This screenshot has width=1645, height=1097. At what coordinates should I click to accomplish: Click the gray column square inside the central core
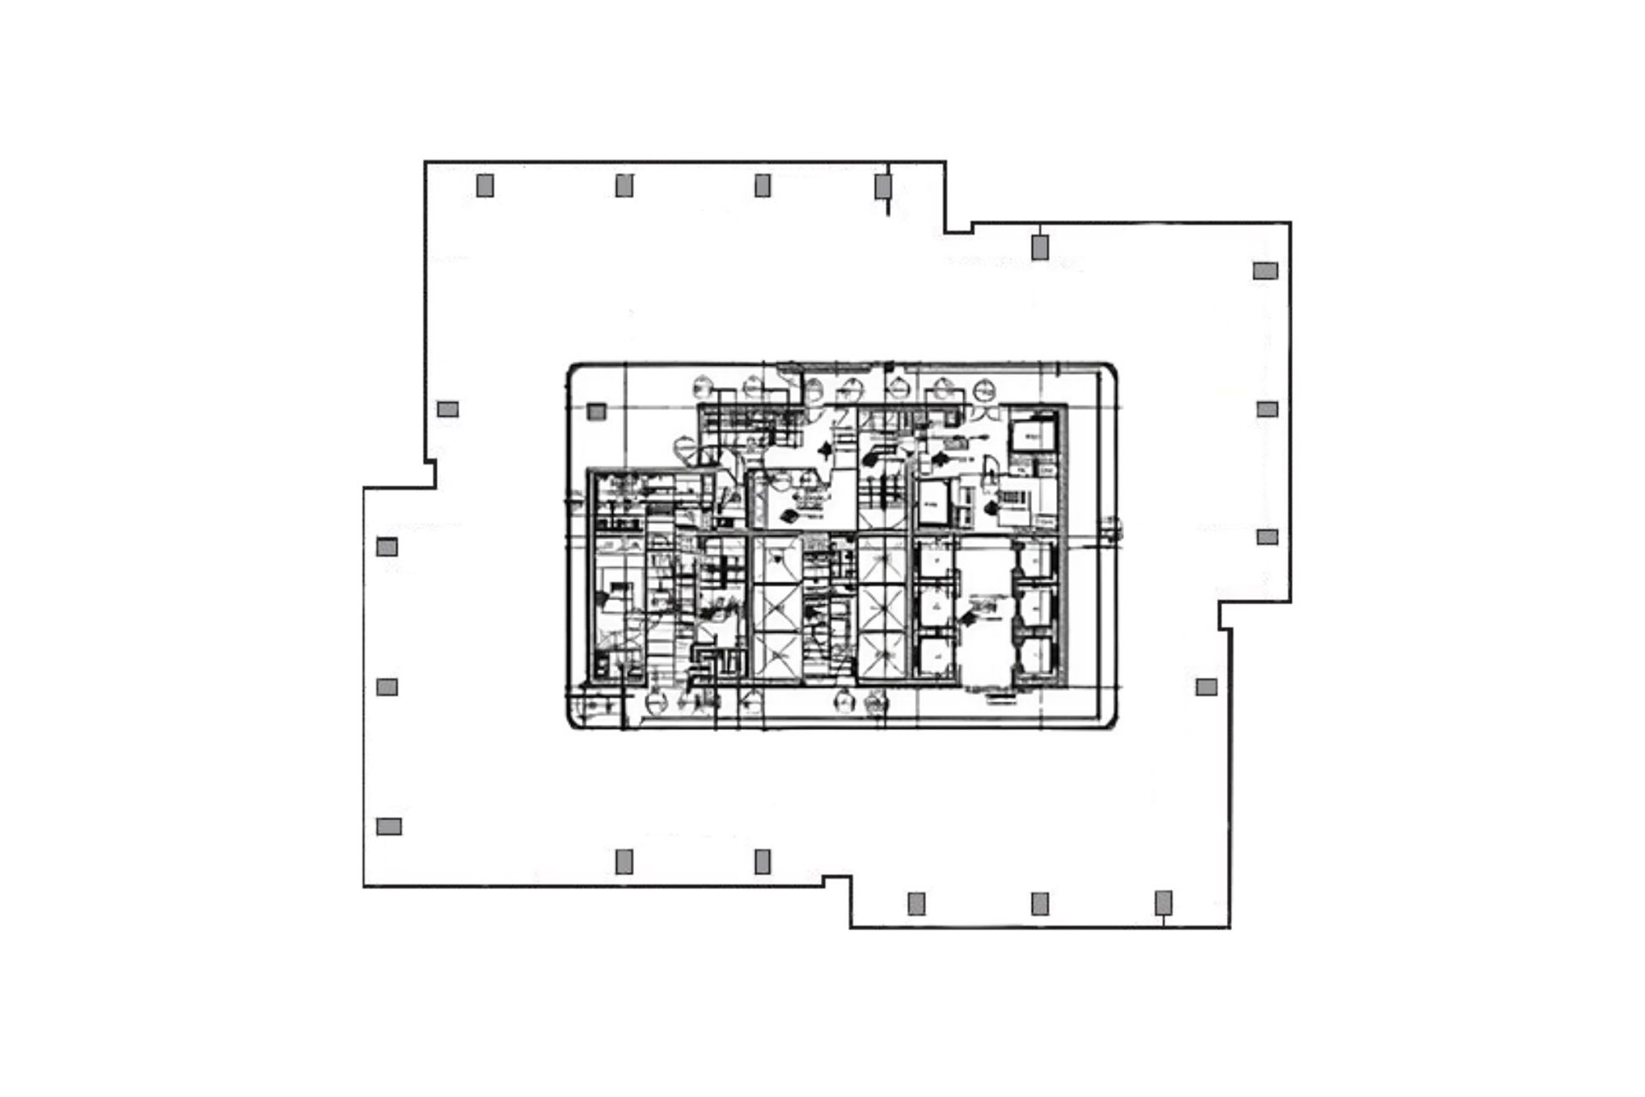[x=596, y=411]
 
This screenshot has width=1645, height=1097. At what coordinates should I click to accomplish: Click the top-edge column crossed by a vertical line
[x=883, y=185]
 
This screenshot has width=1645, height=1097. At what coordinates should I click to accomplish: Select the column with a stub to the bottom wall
[x=1163, y=902]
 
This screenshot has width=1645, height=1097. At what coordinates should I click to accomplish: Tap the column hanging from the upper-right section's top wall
[x=1039, y=247]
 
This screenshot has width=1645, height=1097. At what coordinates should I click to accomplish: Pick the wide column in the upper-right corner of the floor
[x=1265, y=271]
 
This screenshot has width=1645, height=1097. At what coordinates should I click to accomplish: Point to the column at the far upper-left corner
[x=485, y=185]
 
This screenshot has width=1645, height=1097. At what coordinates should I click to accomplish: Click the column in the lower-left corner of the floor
[x=389, y=826]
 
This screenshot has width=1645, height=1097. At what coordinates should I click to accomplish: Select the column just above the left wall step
[x=447, y=409]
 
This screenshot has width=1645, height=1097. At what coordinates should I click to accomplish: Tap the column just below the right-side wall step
[x=1205, y=686]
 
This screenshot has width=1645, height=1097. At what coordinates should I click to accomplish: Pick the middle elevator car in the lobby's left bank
[x=935, y=607]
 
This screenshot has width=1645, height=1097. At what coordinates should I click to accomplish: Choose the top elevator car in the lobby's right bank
[x=1034, y=560]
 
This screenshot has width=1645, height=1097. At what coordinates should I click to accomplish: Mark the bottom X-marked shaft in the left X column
[x=776, y=656]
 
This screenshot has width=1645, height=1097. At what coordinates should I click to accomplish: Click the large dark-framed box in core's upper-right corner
[x=1032, y=436]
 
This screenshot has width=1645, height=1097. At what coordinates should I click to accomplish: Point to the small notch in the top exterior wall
[x=959, y=229]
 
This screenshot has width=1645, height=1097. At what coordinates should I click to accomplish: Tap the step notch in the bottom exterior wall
[x=837, y=880]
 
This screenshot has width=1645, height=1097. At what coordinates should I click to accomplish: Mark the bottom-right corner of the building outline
[x=1230, y=927]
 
